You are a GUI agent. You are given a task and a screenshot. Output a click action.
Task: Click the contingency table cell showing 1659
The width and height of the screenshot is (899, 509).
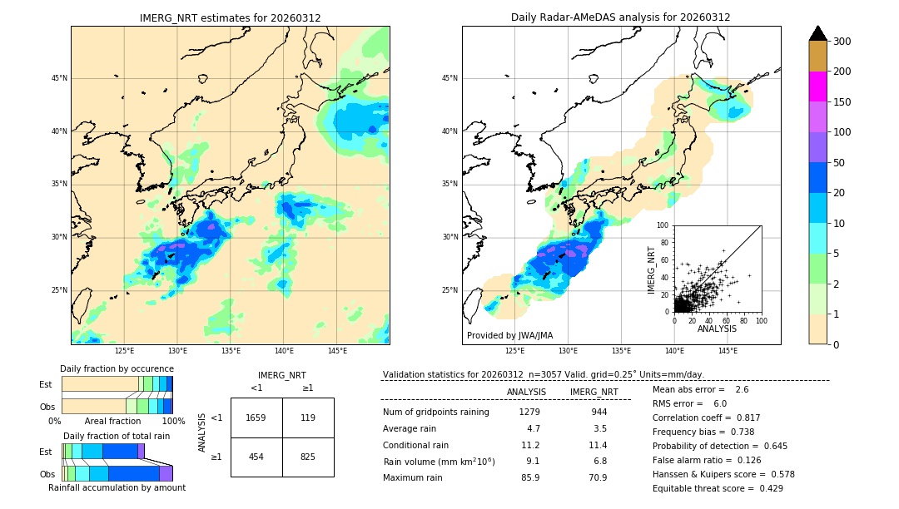point(256,418)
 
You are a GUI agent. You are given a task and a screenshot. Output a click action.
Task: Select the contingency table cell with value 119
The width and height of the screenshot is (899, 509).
point(307,418)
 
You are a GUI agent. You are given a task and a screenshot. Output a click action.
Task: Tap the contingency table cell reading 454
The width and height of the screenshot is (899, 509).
point(256,457)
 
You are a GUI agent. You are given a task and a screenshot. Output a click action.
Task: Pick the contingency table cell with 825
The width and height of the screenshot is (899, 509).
point(307,457)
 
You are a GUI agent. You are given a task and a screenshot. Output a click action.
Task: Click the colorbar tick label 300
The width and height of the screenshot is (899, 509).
point(842,42)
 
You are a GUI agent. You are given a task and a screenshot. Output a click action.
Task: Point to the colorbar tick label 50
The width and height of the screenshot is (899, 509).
point(839,163)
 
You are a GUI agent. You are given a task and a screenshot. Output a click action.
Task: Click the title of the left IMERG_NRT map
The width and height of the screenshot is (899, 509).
point(230,17)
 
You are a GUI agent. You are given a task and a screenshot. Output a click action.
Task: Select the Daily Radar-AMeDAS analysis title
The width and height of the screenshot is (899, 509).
point(620,17)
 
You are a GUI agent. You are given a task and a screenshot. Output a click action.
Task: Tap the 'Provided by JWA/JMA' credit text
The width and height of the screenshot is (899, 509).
point(509,335)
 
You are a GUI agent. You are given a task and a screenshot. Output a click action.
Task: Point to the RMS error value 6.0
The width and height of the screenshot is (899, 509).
point(719,403)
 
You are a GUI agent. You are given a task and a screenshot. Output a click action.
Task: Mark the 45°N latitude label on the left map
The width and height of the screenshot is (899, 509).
point(58,78)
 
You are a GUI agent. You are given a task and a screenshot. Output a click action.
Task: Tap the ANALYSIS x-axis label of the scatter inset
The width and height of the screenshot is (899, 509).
point(717,329)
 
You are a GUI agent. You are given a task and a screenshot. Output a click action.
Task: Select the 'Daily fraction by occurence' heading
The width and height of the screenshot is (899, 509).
point(117,368)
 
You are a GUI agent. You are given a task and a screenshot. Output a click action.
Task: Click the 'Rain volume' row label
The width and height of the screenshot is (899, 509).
point(439,461)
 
